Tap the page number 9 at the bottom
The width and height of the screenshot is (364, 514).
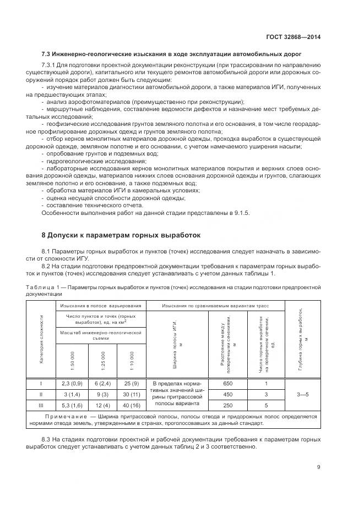point(319,467)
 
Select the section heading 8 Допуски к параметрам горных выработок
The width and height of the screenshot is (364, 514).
point(121,235)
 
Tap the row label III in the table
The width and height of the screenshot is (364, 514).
point(41,405)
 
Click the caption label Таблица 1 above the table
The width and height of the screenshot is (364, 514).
point(42,287)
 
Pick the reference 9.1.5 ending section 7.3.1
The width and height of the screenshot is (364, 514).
point(240,213)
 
